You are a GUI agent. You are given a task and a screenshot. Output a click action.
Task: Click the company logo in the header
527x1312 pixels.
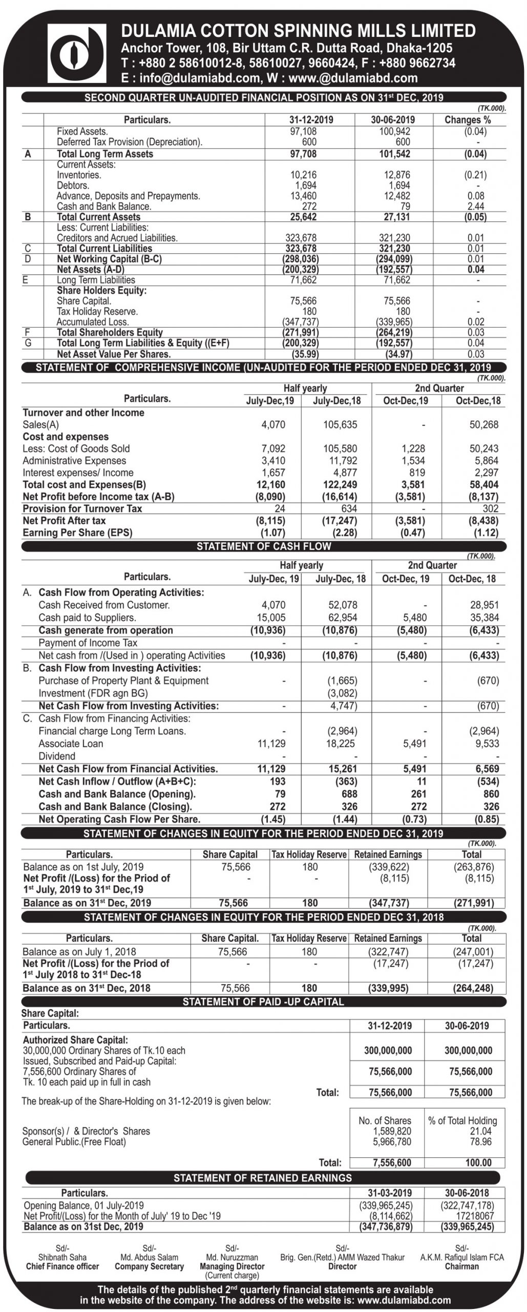[x=76, y=53]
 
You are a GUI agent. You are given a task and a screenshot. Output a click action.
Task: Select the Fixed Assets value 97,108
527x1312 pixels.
[x=303, y=131]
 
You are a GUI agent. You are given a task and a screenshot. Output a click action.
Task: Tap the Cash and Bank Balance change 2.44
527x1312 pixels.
[x=476, y=207]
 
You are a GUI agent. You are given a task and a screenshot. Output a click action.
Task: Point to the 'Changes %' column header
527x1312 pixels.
[x=468, y=120]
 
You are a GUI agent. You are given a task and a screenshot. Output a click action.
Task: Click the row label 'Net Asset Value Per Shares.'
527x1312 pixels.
[x=114, y=354]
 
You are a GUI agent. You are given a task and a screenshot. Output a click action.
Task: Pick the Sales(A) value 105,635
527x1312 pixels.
[x=340, y=424]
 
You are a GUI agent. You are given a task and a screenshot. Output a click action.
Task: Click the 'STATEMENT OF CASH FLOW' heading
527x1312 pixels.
[x=264, y=546]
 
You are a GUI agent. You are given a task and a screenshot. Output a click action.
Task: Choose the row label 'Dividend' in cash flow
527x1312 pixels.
[x=57, y=756]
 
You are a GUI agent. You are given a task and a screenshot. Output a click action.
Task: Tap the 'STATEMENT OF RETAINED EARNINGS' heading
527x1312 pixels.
[x=263, y=1178]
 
